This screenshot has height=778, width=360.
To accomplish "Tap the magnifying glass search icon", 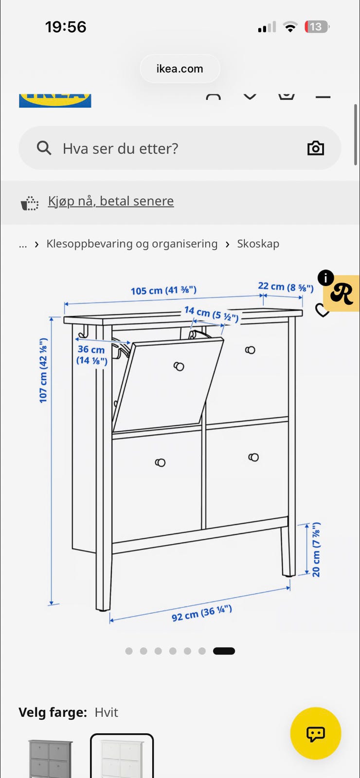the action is click(44, 148).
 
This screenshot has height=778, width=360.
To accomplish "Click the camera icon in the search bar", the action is click(316, 148).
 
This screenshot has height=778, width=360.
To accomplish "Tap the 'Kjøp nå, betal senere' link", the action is click(111, 201).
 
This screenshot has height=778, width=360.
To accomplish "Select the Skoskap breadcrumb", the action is click(258, 244).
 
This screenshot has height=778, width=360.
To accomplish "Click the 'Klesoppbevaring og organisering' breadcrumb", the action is click(132, 244).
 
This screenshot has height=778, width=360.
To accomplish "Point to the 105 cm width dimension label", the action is click(163, 290).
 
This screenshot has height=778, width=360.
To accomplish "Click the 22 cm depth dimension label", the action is click(286, 287).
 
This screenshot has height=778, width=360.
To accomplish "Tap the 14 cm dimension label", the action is click(211, 314).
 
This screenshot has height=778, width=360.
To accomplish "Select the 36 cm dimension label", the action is click(92, 355).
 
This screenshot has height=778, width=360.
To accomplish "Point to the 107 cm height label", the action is click(43, 370).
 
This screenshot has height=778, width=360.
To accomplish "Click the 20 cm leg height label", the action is click(316, 549).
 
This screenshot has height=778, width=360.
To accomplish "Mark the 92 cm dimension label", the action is click(201, 613).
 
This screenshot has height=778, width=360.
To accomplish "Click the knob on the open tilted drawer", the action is click(179, 366).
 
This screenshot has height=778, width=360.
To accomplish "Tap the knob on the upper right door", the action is click(250, 350).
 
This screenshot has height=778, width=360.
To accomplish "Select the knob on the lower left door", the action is click(160, 462).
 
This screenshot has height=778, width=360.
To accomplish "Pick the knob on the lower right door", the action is click(253, 457).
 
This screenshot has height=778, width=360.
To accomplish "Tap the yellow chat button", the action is click(316, 733).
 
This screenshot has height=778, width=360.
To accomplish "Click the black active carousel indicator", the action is click(224, 651).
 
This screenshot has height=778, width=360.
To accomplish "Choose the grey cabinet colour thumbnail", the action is click(51, 757).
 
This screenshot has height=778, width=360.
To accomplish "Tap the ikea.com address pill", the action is click(180, 69).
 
